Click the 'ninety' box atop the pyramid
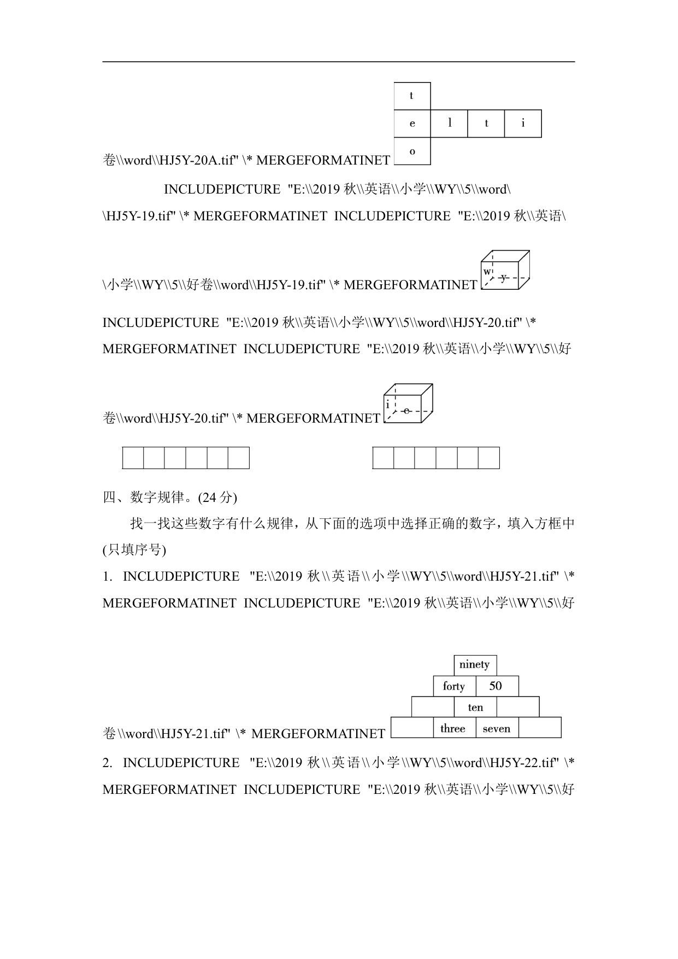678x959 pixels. [475, 665]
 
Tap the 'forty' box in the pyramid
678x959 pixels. [454, 686]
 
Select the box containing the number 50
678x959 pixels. [496, 686]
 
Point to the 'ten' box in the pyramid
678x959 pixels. [475, 707]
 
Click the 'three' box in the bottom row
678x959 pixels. [453, 728]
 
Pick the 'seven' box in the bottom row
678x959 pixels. [497, 728]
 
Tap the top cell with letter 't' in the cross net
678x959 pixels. [412, 96]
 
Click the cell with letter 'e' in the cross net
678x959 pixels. [412, 124]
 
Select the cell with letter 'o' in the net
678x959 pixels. [412, 151]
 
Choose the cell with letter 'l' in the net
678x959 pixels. [449, 124]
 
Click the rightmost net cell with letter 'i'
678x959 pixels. [523, 124]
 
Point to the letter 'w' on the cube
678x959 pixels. [487, 272]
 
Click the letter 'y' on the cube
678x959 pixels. [504, 278]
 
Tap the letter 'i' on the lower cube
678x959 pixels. [388, 405]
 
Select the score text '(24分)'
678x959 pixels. [217, 498]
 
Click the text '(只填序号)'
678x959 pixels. [134, 549]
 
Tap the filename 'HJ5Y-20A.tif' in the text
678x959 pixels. [194, 160]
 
